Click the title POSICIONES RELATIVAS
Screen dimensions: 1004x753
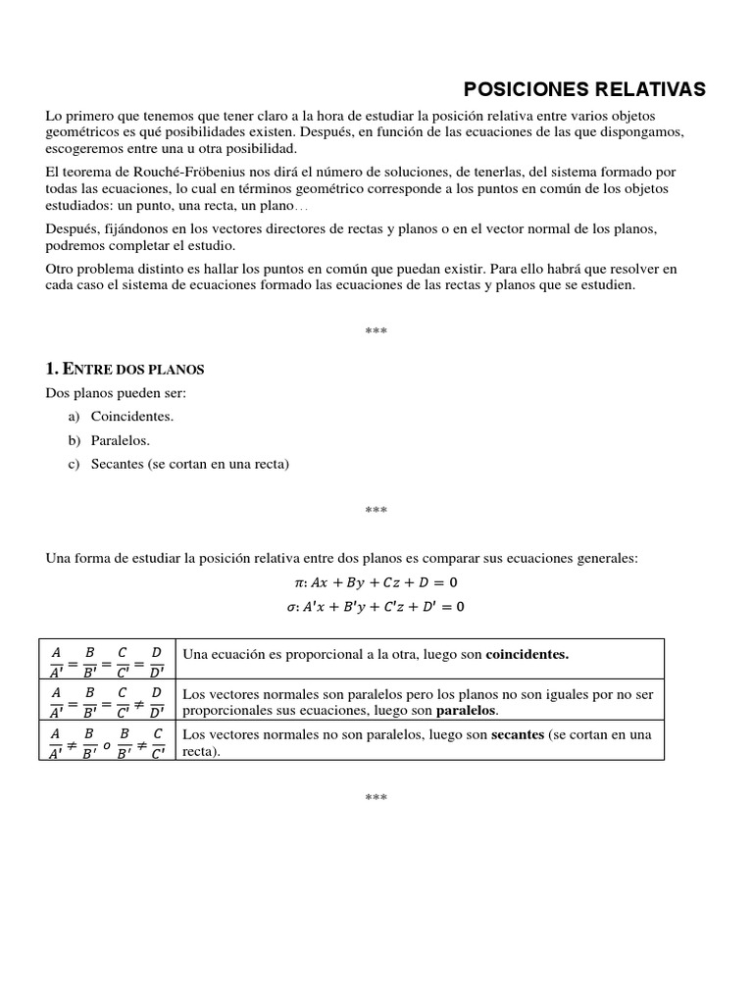tap(583, 89)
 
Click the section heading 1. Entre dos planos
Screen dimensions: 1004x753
tap(125, 369)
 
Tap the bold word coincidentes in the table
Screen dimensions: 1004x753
tap(527, 654)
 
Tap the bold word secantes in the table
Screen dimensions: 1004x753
tap(518, 734)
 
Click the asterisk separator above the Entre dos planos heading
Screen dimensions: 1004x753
tap(376, 331)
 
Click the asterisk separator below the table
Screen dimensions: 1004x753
tap(376, 798)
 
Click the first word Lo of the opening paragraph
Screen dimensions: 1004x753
tap(54, 116)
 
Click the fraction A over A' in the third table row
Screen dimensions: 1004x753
tap(56, 742)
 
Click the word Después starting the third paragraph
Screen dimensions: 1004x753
tap(72, 228)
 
